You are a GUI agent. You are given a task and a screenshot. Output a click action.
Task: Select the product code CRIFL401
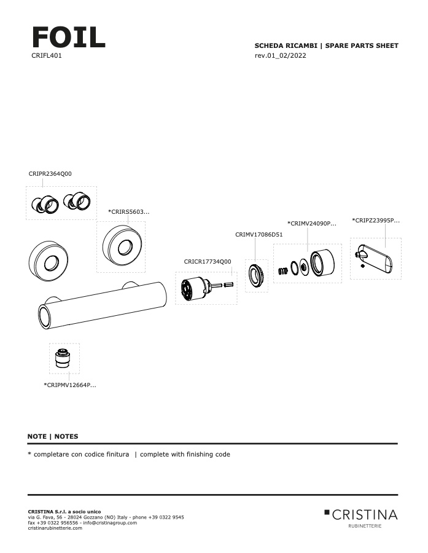click(47, 56)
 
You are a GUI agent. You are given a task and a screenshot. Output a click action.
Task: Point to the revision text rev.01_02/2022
click(280, 56)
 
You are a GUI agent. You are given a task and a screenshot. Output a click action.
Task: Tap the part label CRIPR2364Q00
click(50, 174)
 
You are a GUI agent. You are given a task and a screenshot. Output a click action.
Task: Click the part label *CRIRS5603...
click(128, 212)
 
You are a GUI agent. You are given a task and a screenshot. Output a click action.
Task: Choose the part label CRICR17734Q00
click(208, 262)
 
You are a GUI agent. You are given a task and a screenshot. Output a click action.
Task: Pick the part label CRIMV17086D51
click(259, 235)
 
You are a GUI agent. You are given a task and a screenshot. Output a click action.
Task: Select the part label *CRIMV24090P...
click(311, 224)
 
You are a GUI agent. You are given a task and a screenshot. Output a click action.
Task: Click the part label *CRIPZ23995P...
click(375, 220)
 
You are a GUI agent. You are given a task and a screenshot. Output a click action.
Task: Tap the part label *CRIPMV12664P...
click(69, 385)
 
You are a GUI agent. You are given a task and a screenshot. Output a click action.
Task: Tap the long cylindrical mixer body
click(101, 305)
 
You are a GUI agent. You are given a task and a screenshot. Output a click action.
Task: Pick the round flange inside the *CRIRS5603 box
click(122, 247)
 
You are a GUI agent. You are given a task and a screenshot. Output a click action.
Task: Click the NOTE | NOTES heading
click(53, 437)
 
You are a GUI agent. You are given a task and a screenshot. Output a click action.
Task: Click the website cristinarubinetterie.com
click(55, 528)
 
